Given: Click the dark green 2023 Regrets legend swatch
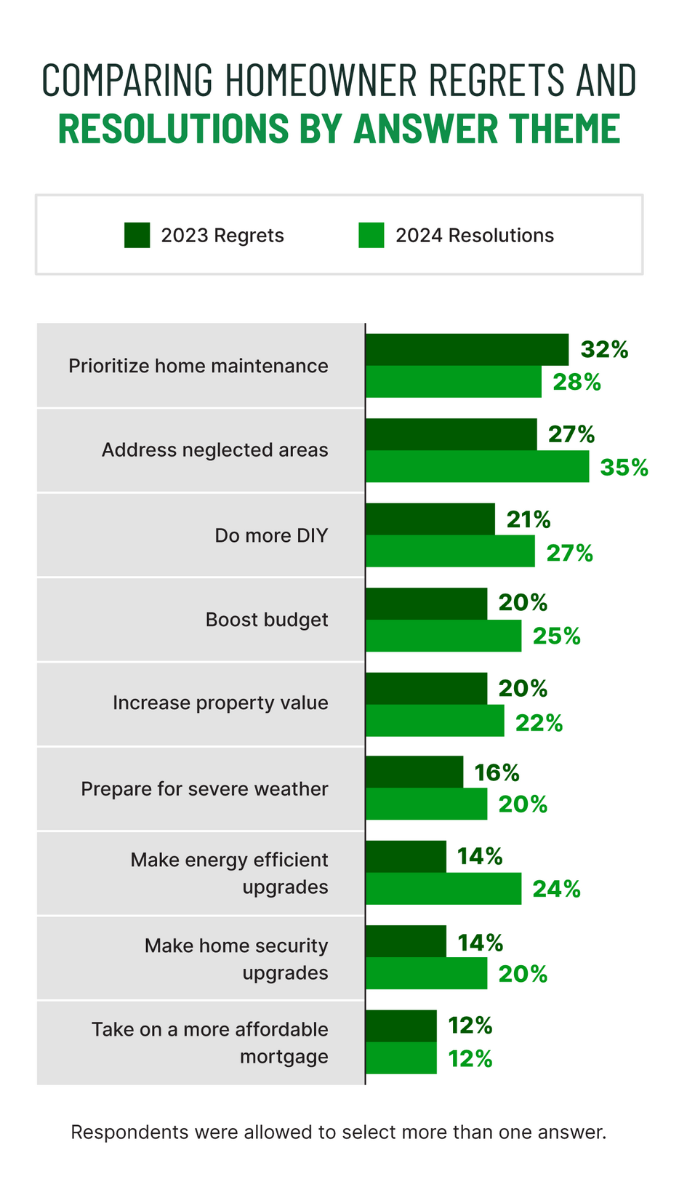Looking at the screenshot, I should coord(137,236).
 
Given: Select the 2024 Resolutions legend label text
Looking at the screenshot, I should coord(474,236).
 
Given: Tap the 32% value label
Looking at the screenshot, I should coord(603,350).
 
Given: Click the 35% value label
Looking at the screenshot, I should coord(624,467).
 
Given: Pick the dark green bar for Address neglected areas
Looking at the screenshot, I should coord(451,434).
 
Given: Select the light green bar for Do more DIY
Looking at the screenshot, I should coord(450,551).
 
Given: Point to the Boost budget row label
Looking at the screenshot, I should coord(266,620).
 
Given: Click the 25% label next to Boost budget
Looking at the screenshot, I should coord(556,636).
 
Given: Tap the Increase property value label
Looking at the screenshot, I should coord(220,703).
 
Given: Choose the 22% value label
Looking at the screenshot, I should coord(539,723).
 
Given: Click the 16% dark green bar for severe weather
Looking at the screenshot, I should coord(414,772).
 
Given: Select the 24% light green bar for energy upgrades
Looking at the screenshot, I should coord(443,889).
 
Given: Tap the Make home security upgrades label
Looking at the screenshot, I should coord(236,959).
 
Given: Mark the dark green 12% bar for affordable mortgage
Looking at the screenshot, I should coord(401,1026).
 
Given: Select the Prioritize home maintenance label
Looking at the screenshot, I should coord(198,366).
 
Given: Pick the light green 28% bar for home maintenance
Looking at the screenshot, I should coord(453,382).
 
